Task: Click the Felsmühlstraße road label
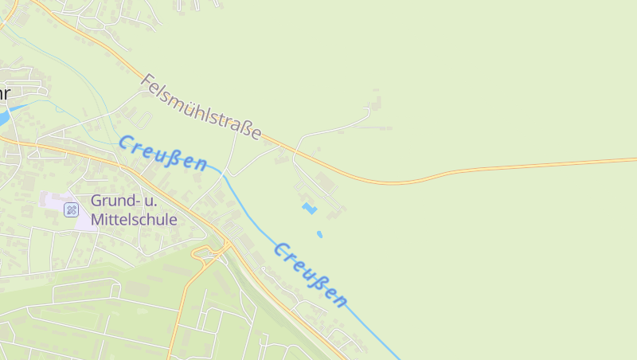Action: tap(201, 107)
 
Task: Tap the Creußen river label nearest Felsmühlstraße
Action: tap(162, 153)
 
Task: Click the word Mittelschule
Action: tap(134, 219)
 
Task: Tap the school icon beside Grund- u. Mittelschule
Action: tap(71, 209)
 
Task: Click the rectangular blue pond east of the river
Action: tap(309, 209)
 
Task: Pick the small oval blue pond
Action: tap(319, 234)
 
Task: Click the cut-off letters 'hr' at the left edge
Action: tap(4, 93)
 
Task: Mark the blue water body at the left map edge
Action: tap(3, 116)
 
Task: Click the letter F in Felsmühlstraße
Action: tap(147, 80)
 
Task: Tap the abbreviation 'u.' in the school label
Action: tap(166, 201)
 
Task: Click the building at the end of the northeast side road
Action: tap(376, 103)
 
